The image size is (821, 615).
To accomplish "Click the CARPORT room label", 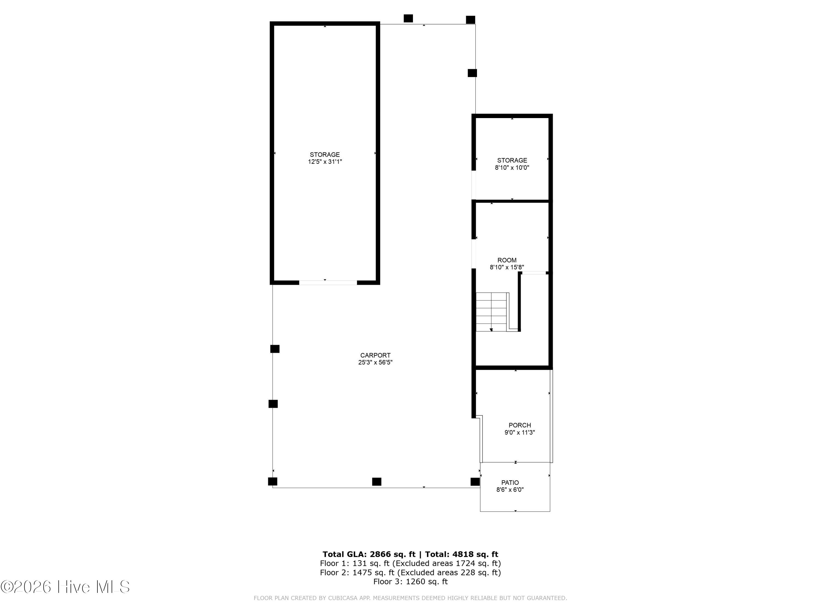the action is pos(375,355).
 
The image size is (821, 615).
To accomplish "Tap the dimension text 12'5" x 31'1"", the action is pos(325,162).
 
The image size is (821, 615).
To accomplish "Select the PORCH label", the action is pos(520,425).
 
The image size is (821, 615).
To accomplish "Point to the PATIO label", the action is pos(510,483).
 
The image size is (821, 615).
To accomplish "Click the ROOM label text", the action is pos(507,260).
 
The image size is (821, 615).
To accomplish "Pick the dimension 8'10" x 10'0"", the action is pos(512,168).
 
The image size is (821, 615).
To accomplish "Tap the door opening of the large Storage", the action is pos(328,282).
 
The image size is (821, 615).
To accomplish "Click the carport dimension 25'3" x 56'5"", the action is pos(375,362).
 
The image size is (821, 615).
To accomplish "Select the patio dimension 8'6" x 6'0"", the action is pos(510,490).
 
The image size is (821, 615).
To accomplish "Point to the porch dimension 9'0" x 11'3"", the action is pos(520,432).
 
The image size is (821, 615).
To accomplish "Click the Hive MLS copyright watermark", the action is pos(65,587).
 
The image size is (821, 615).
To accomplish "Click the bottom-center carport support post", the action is pos(377,482).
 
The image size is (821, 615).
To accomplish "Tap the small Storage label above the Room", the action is pos(512,160).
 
